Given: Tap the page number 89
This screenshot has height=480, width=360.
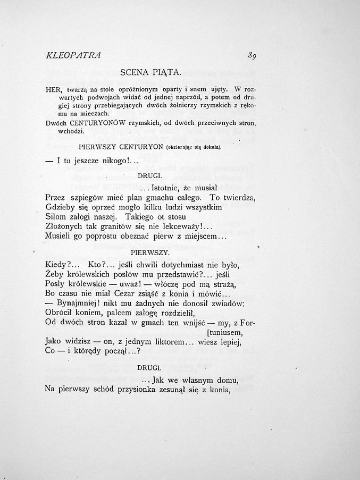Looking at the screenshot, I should [252, 55].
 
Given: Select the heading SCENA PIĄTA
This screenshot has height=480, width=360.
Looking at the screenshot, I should [151, 71].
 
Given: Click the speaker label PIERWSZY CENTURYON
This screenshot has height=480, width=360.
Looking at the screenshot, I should [120, 146].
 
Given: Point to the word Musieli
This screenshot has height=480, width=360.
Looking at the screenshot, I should [59, 236].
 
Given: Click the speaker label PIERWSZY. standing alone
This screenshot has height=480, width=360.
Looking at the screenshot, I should [150, 252].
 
